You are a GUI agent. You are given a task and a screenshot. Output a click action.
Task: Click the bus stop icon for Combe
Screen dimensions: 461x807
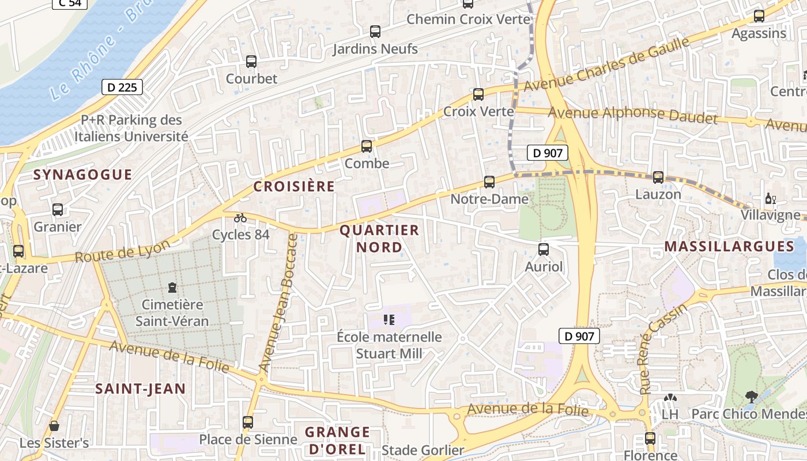click(x=367, y=146)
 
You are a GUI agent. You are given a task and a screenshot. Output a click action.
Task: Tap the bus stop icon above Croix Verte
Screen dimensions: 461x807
click(x=478, y=95)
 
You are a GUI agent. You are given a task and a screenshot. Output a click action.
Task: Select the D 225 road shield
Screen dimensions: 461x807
click(x=122, y=87)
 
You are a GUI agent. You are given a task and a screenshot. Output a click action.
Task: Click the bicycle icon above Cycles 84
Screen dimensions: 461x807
click(x=240, y=218)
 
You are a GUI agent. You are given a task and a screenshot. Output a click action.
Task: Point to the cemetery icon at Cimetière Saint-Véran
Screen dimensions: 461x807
click(x=172, y=287)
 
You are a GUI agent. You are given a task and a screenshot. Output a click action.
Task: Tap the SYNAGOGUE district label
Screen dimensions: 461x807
click(x=82, y=175)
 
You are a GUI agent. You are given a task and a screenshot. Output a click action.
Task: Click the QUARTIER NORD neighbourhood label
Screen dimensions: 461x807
click(x=379, y=239)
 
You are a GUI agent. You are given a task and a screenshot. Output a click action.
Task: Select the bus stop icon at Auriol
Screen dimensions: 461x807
click(x=544, y=250)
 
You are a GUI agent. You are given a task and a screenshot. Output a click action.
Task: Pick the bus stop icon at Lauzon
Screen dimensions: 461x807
click(x=658, y=177)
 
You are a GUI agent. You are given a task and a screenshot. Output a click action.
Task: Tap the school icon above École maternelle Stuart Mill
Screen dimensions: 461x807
click(x=389, y=319)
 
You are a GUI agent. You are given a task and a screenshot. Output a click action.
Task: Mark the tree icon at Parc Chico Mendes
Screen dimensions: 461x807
click(x=751, y=396)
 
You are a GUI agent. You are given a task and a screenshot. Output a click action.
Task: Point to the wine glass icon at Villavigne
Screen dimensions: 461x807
click(x=771, y=199)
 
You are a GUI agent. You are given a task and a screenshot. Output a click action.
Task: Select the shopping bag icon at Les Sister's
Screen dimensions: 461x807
click(x=54, y=426)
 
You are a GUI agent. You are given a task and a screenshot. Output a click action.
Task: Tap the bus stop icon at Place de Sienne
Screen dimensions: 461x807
click(x=248, y=422)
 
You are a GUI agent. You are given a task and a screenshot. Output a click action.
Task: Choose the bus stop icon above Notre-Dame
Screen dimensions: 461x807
click(x=489, y=182)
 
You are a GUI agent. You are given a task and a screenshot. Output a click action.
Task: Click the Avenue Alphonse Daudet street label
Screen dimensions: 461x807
click(x=632, y=115)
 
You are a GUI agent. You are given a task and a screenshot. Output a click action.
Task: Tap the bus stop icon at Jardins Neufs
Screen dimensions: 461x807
click(x=375, y=32)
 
